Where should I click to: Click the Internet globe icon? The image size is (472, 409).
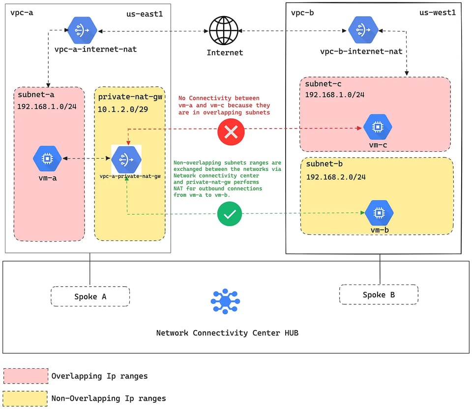click(x=224, y=30)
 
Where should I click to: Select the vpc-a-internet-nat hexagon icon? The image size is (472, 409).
click(x=82, y=30)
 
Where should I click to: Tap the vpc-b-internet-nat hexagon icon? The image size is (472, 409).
click(x=363, y=30)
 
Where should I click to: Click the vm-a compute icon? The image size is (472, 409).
click(x=47, y=159)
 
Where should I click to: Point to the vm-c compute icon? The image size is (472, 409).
click(x=378, y=127)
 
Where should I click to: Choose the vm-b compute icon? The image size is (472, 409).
click(x=379, y=213)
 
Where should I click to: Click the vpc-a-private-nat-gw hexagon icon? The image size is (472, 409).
click(x=126, y=160)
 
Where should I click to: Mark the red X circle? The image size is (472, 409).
click(x=231, y=132)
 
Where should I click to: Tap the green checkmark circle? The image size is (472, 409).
click(x=230, y=214)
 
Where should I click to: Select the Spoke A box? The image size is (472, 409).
click(x=90, y=296)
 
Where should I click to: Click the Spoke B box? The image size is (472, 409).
click(x=379, y=295)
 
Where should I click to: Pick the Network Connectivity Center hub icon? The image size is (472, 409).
click(x=225, y=301)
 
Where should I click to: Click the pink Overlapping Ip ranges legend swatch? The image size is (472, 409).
click(x=26, y=376)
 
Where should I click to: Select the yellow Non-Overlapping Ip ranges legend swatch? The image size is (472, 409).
click(x=25, y=399)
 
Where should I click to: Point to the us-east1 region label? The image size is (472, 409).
click(x=145, y=14)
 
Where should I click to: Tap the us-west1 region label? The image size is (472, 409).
click(x=438, y=12)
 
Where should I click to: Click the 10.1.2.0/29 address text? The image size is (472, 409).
click(x=123, y=109)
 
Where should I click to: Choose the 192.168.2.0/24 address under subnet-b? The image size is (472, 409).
click(x=336, y=177)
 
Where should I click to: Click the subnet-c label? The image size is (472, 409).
click(x=324, y=83)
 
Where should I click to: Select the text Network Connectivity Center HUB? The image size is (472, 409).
click(x=227, y=333)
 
